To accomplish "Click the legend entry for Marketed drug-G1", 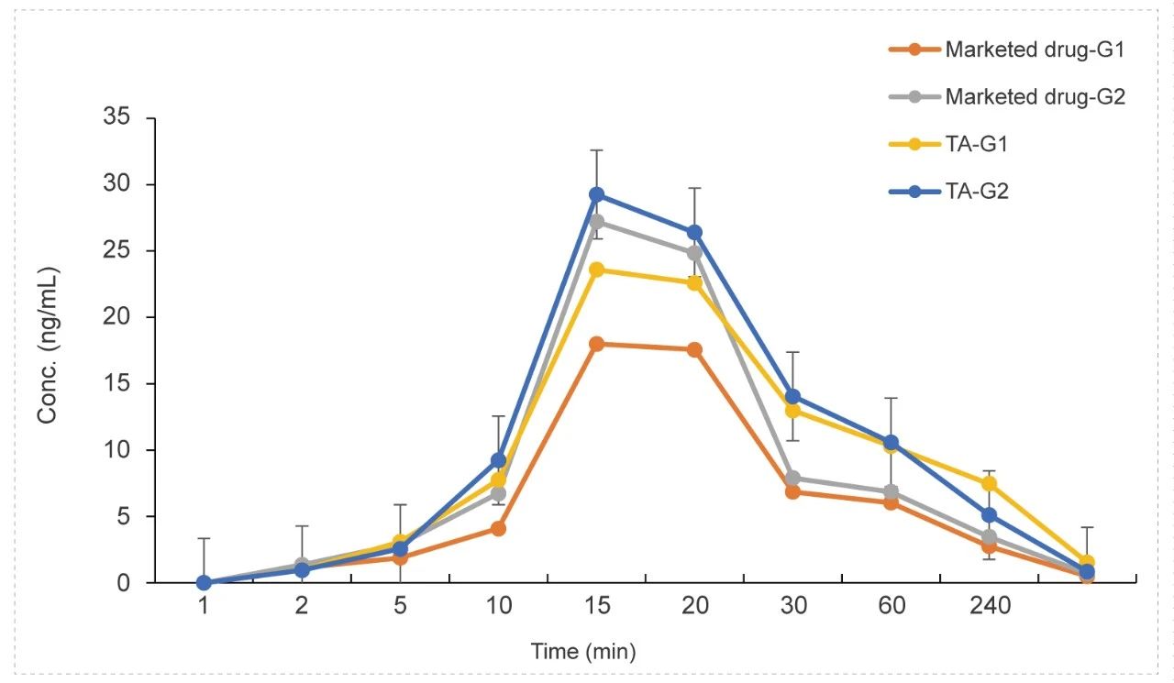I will tap(1034, 50).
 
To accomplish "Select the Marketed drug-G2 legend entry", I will tap(1034, 96).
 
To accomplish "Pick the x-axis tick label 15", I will tap(596, 607).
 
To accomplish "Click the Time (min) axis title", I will tap(583, 652).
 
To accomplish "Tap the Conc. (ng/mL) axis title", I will tap(48, 346).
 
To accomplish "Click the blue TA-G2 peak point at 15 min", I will tap(596, 194).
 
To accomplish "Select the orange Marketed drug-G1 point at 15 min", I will tap(596, 344).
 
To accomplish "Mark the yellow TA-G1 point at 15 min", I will tap(596, 270).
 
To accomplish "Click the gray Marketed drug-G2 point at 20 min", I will tap(694, 253).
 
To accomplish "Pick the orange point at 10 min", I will tap(498, 528).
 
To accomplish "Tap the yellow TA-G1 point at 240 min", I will tap(989, 483).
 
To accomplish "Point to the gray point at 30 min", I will tap(792, 478).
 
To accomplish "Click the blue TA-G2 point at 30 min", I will tap(792, 397).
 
